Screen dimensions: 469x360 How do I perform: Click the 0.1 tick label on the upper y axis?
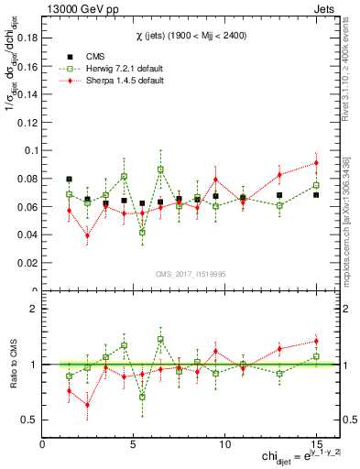[x=30, y=150]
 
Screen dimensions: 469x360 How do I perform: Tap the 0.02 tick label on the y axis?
[x=27, y=263]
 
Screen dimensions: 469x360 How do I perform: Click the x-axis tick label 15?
[x=315, y=444]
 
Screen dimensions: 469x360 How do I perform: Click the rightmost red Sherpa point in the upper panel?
[x=316, y=163]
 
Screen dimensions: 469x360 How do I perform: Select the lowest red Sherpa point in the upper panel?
[x=87, y=235]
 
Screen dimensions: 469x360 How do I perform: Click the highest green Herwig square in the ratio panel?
[x=160, y=339]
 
